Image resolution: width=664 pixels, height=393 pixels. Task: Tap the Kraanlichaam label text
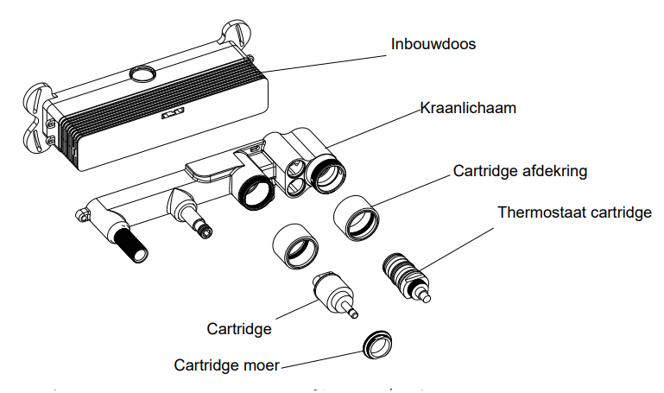pyautogui.click(x=468, y=109)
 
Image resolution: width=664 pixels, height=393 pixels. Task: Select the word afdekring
pyautogui.click(x=556, y=171)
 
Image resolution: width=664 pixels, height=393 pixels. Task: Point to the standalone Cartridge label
pyautogui.click(x=239, y=328)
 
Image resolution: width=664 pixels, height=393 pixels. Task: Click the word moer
pyautogui.click(x=262, y=365)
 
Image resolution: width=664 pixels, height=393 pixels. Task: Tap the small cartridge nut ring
pyautogui.click(x=377, y=343)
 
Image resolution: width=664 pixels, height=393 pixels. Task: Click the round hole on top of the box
pyautogui.click(x=141, y=72)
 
